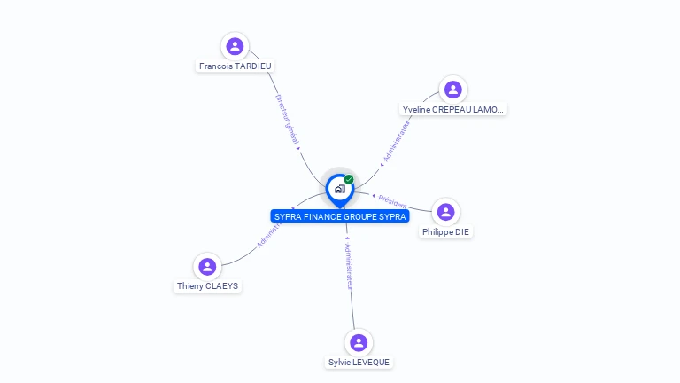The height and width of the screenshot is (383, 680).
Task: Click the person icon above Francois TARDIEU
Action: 235,46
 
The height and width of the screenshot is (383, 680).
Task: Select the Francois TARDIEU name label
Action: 236,66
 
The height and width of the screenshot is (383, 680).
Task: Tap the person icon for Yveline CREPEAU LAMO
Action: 453,90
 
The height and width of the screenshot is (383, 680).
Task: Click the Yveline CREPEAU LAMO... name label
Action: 453,110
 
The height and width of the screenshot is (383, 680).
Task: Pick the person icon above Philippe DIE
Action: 445,212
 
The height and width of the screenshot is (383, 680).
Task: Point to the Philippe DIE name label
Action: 446,232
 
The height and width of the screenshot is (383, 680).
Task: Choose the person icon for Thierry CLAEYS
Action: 207,266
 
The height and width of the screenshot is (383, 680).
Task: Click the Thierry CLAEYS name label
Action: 207,286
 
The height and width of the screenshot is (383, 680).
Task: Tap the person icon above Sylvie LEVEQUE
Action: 359,342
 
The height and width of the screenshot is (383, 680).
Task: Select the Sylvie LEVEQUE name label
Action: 359,363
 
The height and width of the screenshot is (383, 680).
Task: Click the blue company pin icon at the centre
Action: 339,189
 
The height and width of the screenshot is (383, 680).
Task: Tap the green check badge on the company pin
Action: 349,179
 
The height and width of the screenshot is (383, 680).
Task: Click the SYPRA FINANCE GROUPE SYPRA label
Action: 340,216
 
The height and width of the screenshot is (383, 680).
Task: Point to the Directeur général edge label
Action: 287,121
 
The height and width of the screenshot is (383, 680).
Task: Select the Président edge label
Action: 390,201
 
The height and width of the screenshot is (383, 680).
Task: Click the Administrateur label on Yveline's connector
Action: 396,142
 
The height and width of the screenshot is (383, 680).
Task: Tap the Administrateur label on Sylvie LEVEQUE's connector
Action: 349,266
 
